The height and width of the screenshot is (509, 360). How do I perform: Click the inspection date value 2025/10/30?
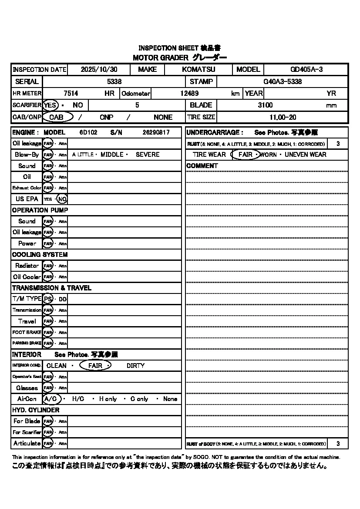(99, 70)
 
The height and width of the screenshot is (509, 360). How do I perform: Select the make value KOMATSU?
(199, 70)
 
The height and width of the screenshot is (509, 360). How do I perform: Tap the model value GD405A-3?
(306, 70)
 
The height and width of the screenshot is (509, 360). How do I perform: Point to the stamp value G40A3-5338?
(283, 81)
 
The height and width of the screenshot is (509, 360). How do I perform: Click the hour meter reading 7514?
(71, 93)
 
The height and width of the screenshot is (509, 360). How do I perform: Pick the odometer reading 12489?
(189, 93)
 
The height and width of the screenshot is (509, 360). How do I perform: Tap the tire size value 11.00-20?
(283, 117)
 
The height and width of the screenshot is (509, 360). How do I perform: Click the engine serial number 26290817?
(156, 132)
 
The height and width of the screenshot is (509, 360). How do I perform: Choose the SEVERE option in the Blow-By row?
(148, 155)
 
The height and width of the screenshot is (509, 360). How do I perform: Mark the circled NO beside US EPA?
(62, 199)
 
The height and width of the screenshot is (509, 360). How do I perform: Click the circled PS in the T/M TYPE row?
(48, 299)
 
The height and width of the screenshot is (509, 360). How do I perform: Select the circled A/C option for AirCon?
(51, 399)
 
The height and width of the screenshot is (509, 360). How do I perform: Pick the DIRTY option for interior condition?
(135, 366)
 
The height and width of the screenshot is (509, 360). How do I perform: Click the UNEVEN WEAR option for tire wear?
(305, 155)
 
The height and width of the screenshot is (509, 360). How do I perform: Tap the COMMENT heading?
(202, 166)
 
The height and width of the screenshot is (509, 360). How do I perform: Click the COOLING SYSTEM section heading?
(40, 255)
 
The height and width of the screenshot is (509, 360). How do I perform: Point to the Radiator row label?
(27, 266)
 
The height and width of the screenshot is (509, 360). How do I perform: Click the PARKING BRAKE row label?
(27, 344)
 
